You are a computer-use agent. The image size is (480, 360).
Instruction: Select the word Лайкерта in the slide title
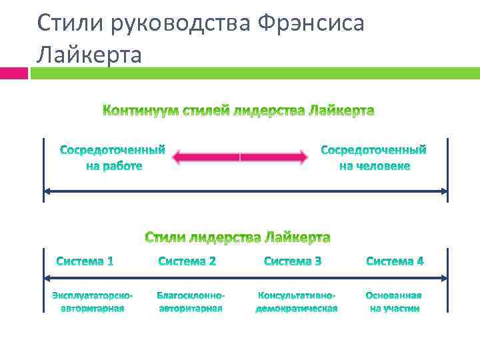click(89, 54)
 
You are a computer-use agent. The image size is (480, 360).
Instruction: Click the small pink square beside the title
click(14, 73)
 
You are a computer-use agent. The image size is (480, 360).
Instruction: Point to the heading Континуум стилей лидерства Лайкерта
click(238, 110)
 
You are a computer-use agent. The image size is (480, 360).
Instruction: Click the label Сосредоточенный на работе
click(113, 157)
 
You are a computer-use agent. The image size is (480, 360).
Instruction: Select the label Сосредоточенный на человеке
click(374, 157)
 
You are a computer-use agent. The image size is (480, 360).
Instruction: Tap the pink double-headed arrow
click(240, 157)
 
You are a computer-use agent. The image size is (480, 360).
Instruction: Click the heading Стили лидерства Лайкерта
click(238, 237)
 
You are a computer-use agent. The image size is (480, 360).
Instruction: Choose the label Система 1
click(85, 261)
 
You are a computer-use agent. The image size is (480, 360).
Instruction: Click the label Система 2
click(187, 261)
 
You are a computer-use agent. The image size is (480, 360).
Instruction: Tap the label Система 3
click(293, 261)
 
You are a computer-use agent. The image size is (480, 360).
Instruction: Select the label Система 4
click(395, 261)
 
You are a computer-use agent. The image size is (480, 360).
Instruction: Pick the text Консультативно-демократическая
click(297, 301)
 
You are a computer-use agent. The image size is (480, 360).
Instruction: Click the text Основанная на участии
click(395, 301)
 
